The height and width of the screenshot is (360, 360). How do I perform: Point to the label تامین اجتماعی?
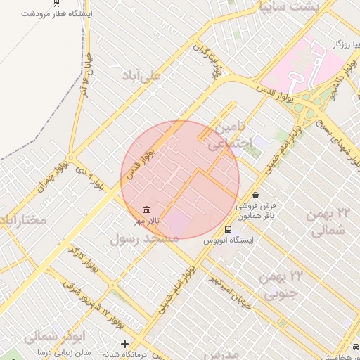pyautogui.click(x=226, y=136)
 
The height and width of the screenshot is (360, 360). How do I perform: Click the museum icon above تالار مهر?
pyautogui.click(x=146, y=210)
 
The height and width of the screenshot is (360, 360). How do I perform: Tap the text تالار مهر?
pyautogui.click(x=148, y=221)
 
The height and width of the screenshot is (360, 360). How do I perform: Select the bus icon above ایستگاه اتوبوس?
pyautogui.click(x=228, y=229)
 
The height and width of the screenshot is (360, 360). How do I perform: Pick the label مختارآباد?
pyautogui.click(x=23, y=221)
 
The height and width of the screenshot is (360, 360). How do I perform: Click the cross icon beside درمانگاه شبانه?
pyautogui.click(x=125, y=345)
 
